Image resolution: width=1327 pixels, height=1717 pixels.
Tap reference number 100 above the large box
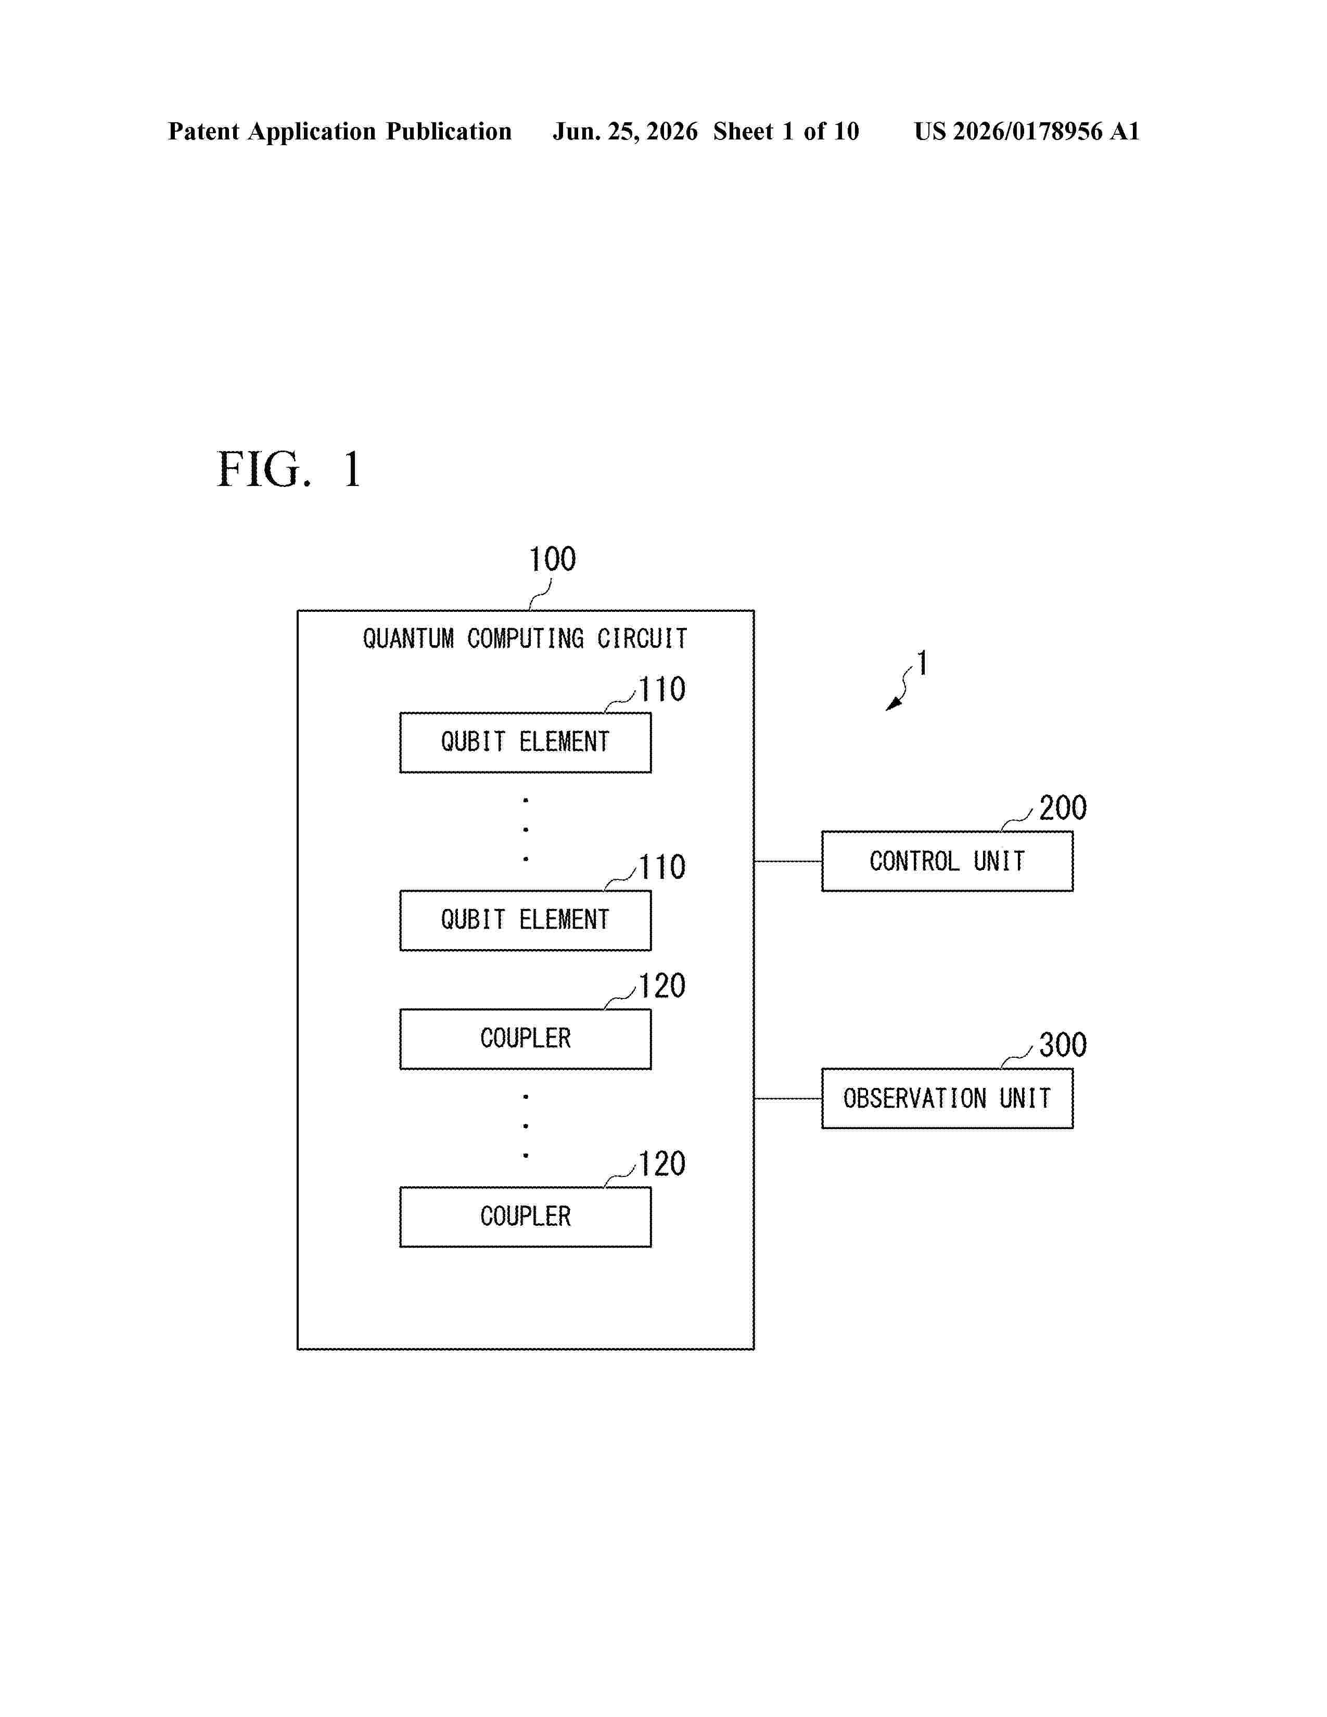pyautogui.click(x=552, y=559)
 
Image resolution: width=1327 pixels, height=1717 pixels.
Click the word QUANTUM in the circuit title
pyautogui.click(x=408, y=638)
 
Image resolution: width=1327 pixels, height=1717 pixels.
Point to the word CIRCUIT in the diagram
pyautogui.click(x=642, y=638)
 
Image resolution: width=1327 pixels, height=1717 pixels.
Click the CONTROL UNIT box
pyautogui.click(x=947, y=861)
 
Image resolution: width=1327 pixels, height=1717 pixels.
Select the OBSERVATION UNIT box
pyautogui.click(x=947, y=1098)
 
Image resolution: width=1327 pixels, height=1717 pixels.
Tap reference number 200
pyautogui.click(x=1063, y=808)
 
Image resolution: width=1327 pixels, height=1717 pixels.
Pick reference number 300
pyautogui.click(x=1063, y=1045)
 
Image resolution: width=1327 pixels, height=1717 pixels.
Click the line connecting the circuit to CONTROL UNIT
pyautogui.click(x=788, y=862)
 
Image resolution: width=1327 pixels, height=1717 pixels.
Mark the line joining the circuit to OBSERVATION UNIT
pyautogui.click(x=788, y=1099)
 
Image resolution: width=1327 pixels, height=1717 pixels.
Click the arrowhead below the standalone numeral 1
pyautogui.click(x=892, y=704)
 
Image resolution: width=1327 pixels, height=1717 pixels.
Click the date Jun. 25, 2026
pyautogui.click(x=625, y=131)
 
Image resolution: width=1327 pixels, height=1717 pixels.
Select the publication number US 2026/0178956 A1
pyautogui.click(x=1027, y=131)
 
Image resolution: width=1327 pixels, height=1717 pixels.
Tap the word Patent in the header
pyautogui.click(x=203, y=131)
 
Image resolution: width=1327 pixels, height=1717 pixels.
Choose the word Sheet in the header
pyautogui.click(x=743, y=131)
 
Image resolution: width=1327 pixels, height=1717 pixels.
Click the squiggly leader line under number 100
pyautogui.click(x=541, y=594)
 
